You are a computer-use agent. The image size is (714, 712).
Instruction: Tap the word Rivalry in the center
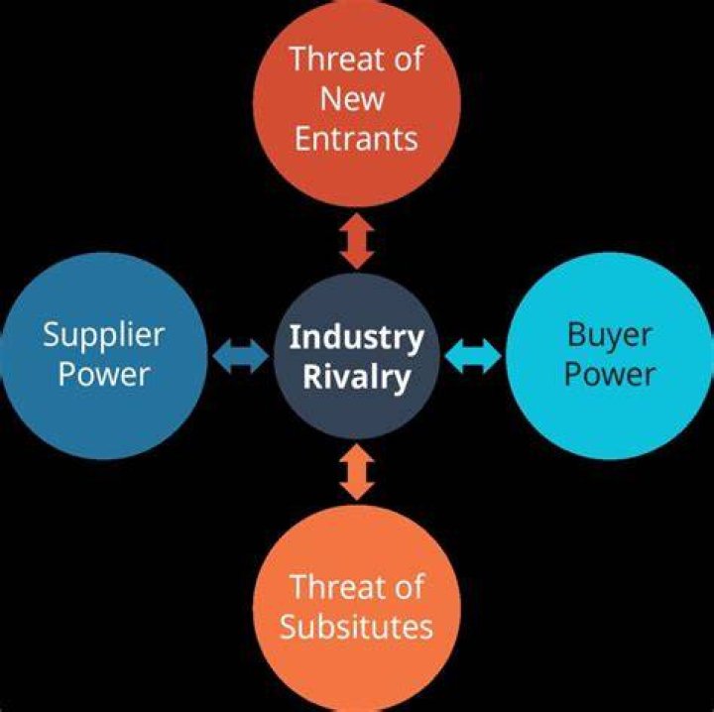(x=357, y=378)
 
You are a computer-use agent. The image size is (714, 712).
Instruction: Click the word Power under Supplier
(x=104, y=374)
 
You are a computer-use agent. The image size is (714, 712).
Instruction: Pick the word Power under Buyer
(x=610, y=374)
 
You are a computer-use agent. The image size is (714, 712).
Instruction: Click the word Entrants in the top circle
(x=356, y=139)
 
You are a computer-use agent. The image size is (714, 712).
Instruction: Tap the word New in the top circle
(x=352, y=99)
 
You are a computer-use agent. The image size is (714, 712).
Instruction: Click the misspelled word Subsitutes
(x=356, y=627)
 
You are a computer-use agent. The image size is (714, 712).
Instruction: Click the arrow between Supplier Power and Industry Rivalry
(x=241, y=356)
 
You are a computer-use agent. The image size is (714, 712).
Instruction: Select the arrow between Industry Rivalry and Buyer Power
(x=473, y=356)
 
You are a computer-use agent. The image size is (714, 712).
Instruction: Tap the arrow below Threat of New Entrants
(x=357, y=241)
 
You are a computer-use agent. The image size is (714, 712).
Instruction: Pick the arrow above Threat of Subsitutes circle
(x=357, y=473)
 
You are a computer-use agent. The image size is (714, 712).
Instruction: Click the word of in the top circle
(x=409, y=59)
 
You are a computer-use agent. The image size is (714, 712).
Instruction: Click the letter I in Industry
(x=295, y=336)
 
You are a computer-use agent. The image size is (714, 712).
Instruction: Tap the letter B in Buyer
(x=575, y=334)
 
